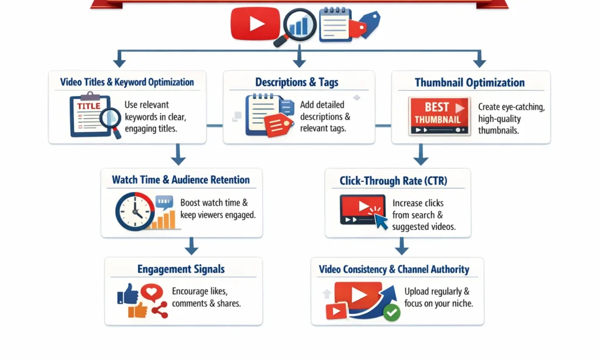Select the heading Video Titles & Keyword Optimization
(127, 82)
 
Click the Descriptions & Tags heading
(297, 82)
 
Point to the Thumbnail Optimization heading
(470, 83)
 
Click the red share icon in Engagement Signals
(159, 310)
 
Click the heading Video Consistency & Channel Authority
(394, 269)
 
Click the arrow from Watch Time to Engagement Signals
(191, 246)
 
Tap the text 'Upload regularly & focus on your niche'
(438, 297)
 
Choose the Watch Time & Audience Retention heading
(181, 180)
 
